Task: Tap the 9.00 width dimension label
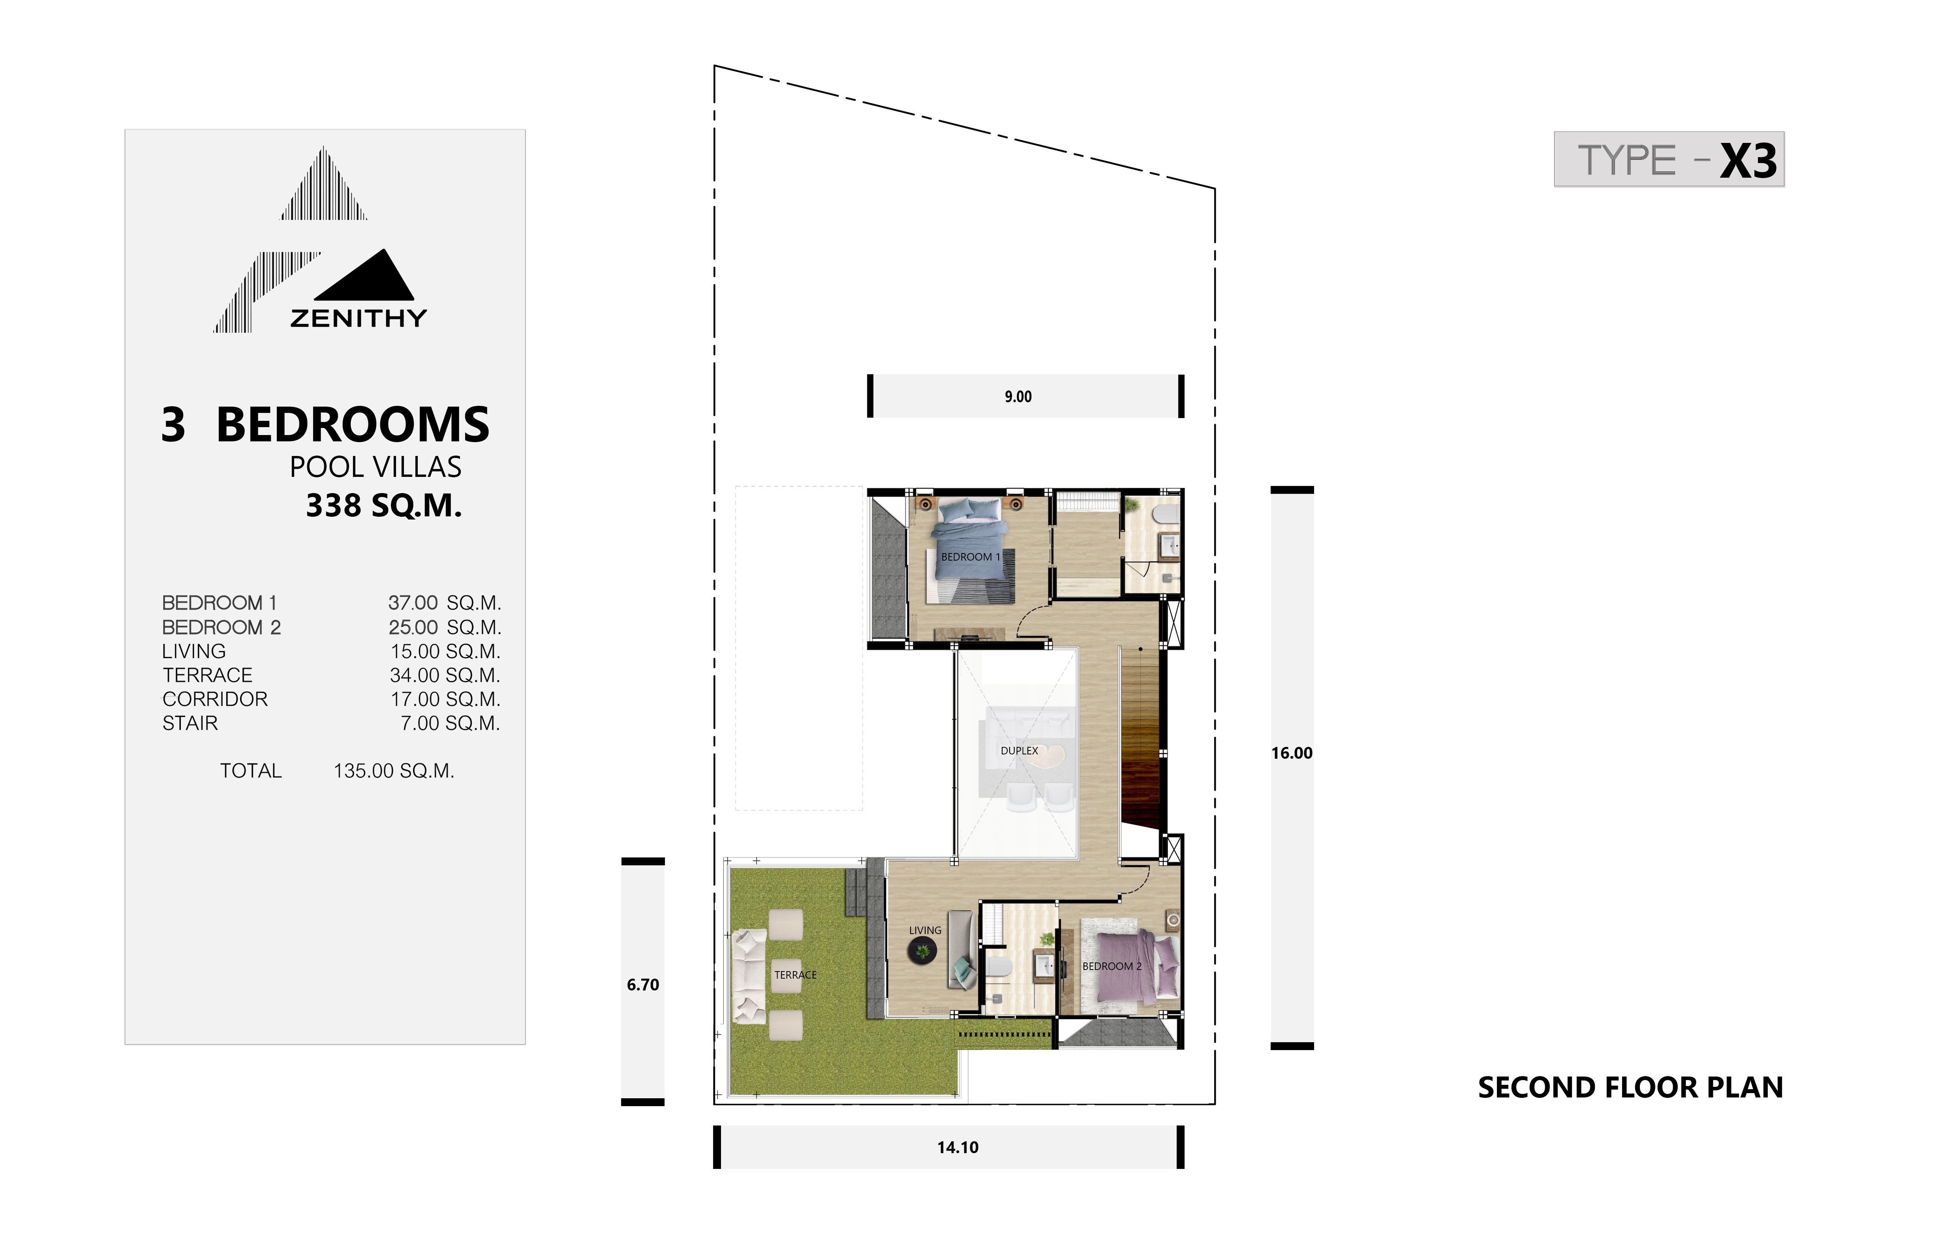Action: (1018, 396)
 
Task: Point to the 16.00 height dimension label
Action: (1292, 753)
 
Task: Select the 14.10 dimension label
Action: (958, 1147)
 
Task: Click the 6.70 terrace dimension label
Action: (643, 985)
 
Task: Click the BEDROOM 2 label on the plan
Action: (1112, 966)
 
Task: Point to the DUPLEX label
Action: (1019, 751)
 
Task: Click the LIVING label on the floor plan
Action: (925, 930)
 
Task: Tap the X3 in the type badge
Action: (1748, 161)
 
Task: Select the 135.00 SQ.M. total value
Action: (394, 771)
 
